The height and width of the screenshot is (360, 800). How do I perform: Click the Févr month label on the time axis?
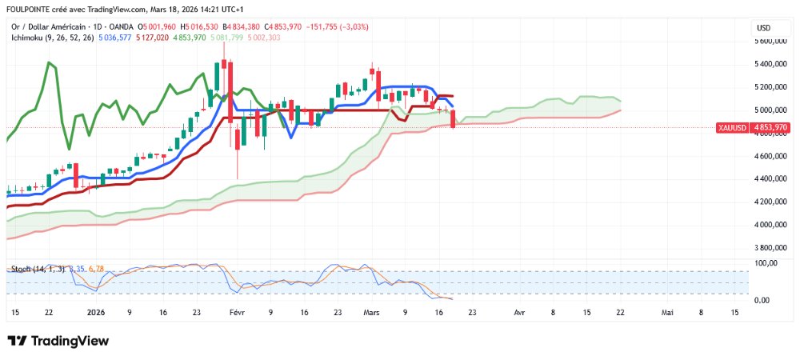(x=236, y=312)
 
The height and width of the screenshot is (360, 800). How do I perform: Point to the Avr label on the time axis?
(x=520, y=312)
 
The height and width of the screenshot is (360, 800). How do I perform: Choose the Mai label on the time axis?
(x=667, y=312)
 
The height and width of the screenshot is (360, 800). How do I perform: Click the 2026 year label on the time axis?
(x=96, y=312)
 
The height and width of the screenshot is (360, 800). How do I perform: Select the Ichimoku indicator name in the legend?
(x=27, y=37)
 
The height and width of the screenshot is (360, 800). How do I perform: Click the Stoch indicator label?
(x=19, y=269)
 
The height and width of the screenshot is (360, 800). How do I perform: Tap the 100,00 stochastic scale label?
(x=768, y=262)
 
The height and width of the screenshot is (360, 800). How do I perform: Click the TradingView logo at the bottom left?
(x=58, y=341)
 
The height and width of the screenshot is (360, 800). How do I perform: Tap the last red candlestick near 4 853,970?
(x=454, y=119)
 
